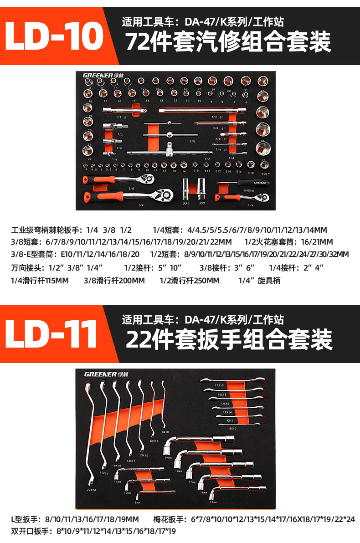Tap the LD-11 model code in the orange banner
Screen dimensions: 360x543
click(54, 333)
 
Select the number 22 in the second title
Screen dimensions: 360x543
click(136, 339)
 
